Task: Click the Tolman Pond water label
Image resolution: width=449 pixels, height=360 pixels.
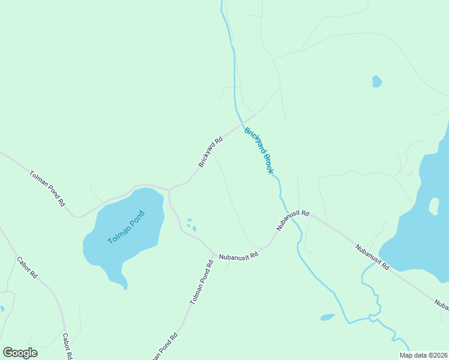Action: [x=126, y=227]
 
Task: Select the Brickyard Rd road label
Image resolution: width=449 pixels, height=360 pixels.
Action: [x=211, y=152]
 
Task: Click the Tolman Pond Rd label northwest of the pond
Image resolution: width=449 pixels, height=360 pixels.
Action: [x=47, y=188]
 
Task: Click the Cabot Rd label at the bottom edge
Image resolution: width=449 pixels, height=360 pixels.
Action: [x=67, y=346]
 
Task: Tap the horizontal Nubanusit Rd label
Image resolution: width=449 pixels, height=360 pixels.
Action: [x=238, y=255]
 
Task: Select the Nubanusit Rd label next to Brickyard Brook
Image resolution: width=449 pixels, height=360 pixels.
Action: [x=293, y=220]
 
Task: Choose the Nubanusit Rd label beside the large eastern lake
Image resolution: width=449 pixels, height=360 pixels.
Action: [x=372, y=257]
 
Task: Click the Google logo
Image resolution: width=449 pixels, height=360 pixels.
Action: [x=20, y=353]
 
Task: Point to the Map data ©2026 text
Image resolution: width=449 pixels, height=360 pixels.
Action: [x=424, y=355]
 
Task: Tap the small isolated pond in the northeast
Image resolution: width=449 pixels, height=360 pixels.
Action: [x=377, y=81]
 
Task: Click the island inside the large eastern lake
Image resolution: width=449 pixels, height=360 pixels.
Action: [x=434, y=206]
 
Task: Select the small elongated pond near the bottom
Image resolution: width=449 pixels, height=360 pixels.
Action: [x=327, y=317]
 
